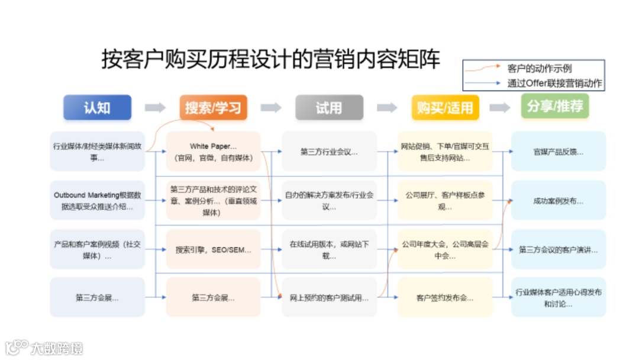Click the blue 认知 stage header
pos(97,108)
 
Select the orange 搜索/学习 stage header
pos(213,108)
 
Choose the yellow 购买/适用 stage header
pos(445,108)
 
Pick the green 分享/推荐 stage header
pos(555,107)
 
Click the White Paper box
pos(213,152)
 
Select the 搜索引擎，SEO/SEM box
pos(213,249)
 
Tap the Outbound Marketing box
pos(98,201)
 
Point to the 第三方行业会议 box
pos(329,152)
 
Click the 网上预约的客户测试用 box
pos(329,297)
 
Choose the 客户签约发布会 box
pos(445,297)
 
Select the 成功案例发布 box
pos(559,201)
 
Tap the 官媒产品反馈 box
pos(559,152)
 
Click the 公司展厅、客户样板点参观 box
pos(445,201)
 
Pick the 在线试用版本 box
pos(329,249)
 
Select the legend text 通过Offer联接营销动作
pos(554,83)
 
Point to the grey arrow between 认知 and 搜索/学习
pos(155,108)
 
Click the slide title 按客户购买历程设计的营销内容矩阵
pos(270,59)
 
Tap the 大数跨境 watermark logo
pos(44,346)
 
